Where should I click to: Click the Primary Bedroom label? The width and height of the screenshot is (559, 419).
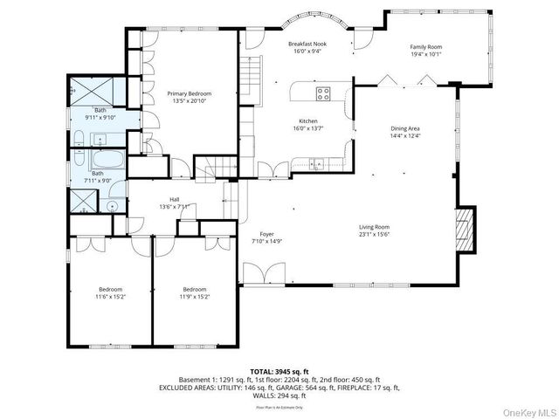(x=190, y=93)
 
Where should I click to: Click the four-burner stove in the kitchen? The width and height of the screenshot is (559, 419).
(x=323, y=92)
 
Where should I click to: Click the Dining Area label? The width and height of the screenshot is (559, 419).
(x=404, y=129)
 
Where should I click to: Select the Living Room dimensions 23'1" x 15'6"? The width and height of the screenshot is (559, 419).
(x=373, y=234)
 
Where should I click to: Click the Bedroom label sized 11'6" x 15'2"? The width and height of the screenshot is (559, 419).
(x=110, y=289)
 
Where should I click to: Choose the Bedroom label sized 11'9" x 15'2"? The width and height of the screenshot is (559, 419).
(x=194, y=289)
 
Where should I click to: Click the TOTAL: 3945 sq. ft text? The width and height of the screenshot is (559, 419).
(x=279, y=370)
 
